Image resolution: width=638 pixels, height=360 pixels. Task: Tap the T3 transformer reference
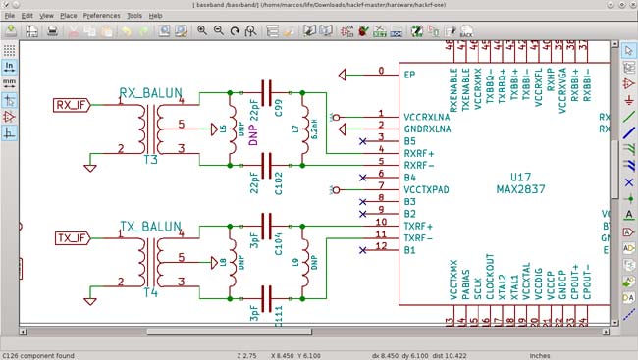click(150, 159)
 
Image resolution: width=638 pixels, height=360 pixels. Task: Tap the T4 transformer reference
click(150, 292)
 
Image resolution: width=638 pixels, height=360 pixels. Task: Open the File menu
click(11, 16)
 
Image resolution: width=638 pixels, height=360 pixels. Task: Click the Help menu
click(155, 16)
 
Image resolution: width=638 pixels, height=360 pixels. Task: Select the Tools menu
click(134, 16)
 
